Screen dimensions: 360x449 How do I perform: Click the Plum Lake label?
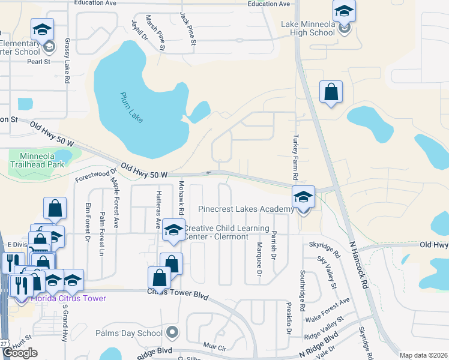(131, 107)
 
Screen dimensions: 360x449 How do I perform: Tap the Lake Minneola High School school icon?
(345, 11)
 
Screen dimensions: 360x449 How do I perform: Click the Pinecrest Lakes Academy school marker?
(303, 196)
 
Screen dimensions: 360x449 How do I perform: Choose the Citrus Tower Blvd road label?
(176, 291)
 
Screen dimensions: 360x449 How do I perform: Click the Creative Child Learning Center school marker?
(173, 231)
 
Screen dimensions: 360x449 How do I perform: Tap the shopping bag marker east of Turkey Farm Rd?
(331, 92)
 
